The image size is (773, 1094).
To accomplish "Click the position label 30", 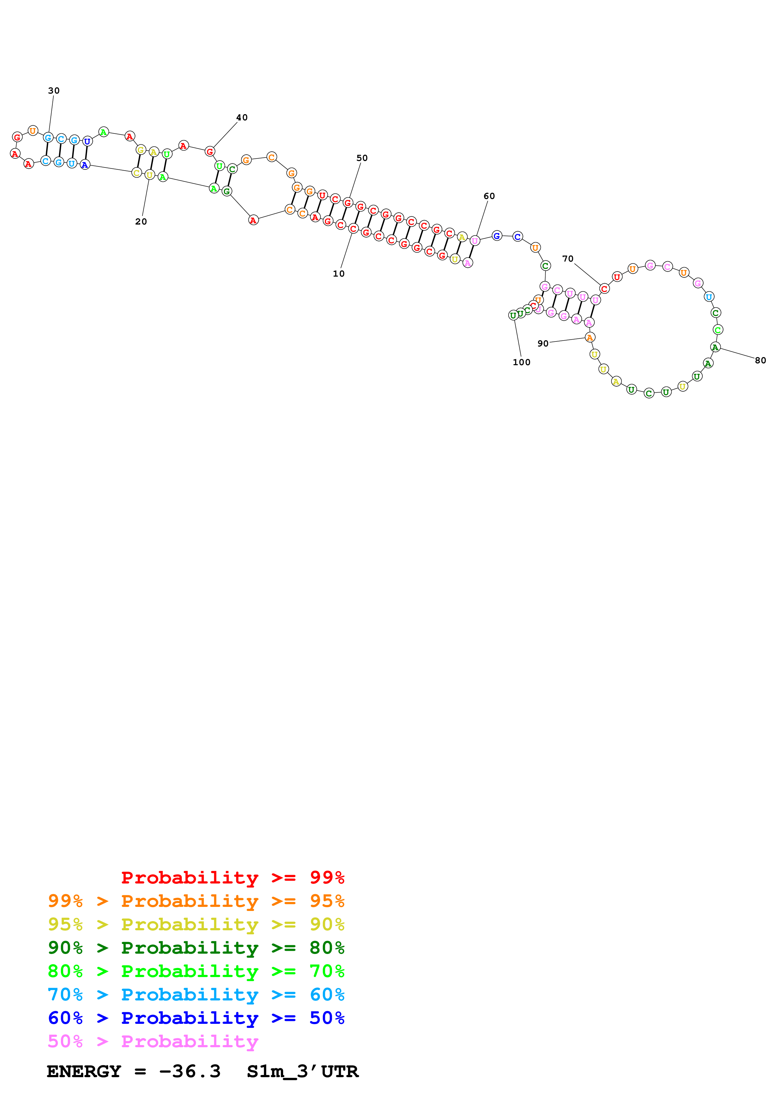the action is click(x=54, y=90).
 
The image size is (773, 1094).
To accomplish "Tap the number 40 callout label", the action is click(x=242, y=117).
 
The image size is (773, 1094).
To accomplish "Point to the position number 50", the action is click(x=362, y=158).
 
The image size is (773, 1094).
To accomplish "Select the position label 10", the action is click(x=339, y=273).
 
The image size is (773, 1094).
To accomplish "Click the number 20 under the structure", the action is click(x=141, y=221).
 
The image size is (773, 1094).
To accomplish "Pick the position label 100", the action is click(x=522, y=362).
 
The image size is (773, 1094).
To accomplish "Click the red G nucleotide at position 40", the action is click(x=210, y=152).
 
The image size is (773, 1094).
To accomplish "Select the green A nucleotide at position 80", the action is click(x=715, y=347).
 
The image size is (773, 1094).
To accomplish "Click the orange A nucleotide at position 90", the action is click(x=590, y=337).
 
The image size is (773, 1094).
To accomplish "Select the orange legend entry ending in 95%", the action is click(x=196, y=901).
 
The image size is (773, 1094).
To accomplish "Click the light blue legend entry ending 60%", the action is click(x=196, y=995).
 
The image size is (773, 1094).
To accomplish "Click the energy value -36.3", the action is click(x=190, y=1072).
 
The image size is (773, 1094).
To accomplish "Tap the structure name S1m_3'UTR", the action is click(x=302, y=1072).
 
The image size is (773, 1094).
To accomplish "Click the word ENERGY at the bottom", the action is click(x=84, y=1072).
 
